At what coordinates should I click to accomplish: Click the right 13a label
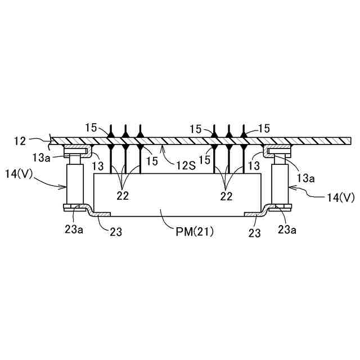click(x=306, y=179)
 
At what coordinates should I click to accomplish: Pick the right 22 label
click(x=226, y=196)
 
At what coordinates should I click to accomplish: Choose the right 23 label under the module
click(x=255, y=232)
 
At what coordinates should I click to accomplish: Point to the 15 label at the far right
click(x=263, y=129)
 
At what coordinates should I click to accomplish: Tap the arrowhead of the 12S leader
click(x=163, y=148)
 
